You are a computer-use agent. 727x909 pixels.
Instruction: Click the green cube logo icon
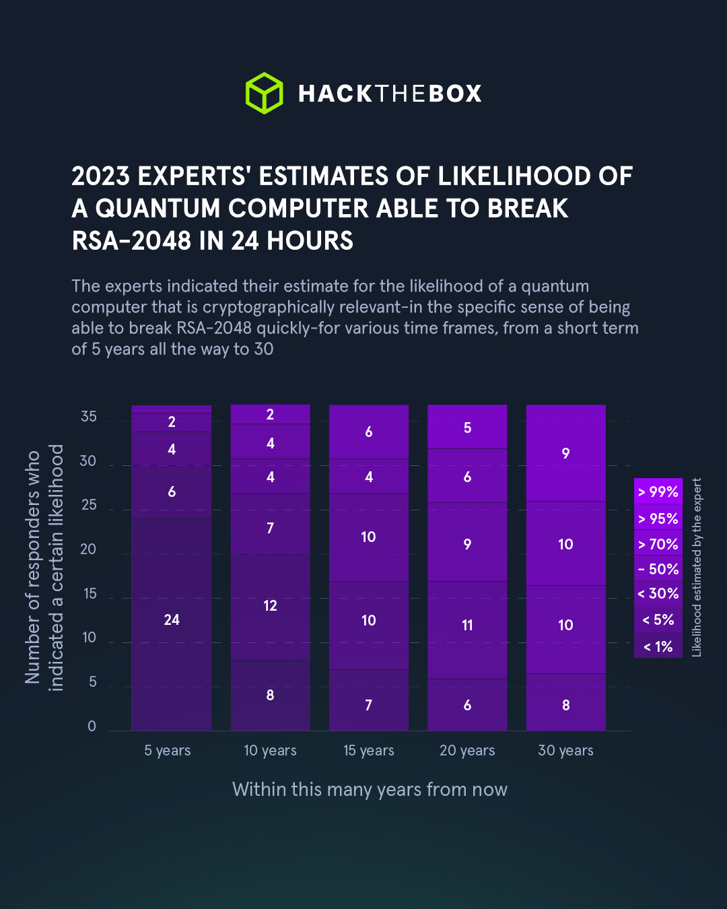264,93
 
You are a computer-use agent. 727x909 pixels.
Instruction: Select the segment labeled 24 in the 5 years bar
172,620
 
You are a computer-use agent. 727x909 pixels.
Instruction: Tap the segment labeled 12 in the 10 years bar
270,606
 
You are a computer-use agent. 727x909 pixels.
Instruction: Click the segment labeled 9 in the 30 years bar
565,454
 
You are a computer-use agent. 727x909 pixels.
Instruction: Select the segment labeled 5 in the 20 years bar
467,428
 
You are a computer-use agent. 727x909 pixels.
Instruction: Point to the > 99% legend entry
658,492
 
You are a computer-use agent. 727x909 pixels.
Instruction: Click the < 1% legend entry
658,647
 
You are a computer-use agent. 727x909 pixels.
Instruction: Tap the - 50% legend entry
658,569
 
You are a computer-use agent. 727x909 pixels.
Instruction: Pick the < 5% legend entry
658,620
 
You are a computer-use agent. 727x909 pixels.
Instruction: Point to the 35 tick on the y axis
89,417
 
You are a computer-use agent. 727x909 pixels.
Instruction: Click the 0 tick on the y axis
92,727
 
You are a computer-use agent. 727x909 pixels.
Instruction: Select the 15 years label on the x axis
368,751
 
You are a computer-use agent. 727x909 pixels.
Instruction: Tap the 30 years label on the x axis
565,751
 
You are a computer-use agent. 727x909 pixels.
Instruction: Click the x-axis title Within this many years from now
370,790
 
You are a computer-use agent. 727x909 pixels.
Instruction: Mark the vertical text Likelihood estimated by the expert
697,567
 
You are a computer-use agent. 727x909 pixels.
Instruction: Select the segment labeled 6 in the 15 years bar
368,432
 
